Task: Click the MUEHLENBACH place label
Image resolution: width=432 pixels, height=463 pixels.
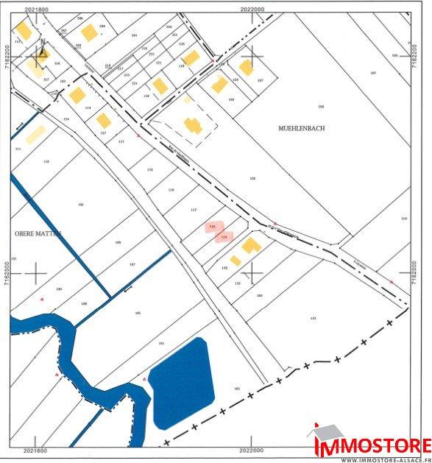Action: (301, 128)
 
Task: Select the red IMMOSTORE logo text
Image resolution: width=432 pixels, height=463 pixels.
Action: (372, 446)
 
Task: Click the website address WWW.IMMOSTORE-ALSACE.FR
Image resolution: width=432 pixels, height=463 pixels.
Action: (385, 459)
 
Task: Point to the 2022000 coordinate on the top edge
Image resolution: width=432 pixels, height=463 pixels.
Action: (252, 10)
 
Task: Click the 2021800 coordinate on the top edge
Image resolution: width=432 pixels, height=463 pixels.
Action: (35, 10)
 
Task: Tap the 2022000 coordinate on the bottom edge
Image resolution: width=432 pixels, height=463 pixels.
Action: (252, 451)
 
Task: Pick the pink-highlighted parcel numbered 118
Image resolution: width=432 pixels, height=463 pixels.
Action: (213, 227)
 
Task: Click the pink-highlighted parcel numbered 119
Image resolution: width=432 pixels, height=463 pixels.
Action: (224, 238)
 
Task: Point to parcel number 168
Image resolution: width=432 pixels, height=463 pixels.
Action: (321, 107)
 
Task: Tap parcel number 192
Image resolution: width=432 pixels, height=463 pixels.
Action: (81, 205)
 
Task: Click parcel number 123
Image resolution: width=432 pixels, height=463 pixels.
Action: (313, 318)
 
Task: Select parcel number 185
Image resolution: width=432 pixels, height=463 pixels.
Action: (138, 314)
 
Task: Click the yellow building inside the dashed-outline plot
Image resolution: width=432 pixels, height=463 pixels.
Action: (193, 126)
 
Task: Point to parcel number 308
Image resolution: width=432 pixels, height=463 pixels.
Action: (252, 178)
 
